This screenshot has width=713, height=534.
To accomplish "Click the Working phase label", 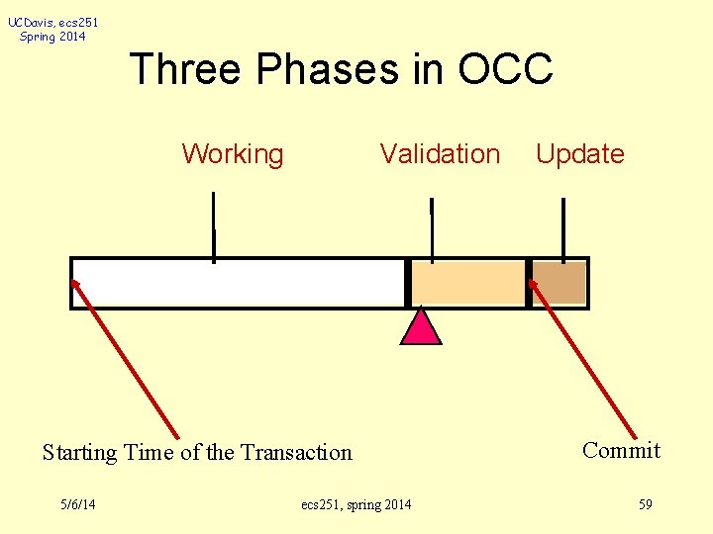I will click(x=233, y=154).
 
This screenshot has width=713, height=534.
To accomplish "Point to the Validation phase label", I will click(x=440, y=154).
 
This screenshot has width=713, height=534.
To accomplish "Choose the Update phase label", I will click(x=579, y=154).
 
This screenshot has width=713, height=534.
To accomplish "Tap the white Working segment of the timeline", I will click(x=238, y=283).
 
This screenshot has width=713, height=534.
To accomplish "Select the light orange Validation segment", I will click(x=467, y=283).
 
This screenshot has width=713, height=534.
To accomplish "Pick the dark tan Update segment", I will click(x=560, y=283).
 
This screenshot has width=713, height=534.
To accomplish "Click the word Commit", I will click(x=621, y=451).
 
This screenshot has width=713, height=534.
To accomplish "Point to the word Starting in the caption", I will click(x=80, y=453).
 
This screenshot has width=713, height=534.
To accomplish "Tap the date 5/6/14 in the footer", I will click(x=77, y=505).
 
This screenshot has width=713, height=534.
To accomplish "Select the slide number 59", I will click(x=645, y=505).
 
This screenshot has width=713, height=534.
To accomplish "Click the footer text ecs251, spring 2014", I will click(x=356, y=505).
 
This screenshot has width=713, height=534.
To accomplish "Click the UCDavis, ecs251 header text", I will click(x=53, y=22).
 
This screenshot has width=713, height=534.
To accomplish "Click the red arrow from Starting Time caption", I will click(x=125, y=358).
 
